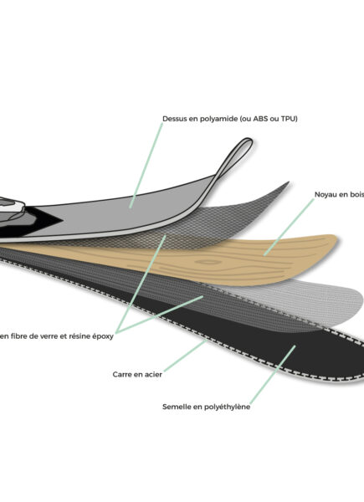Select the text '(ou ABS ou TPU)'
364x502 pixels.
point(269,119)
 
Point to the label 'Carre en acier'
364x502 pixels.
point(137,374)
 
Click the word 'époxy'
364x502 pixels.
point(103,337)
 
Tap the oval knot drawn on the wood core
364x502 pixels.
point(208,262)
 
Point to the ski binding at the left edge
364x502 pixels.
point(11,208)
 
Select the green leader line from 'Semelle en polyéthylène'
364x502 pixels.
point(273,375)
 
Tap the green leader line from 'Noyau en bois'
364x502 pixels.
point(289,227)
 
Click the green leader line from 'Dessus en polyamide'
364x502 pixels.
point(146,166)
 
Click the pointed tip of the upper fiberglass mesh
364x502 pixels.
point(289,182)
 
